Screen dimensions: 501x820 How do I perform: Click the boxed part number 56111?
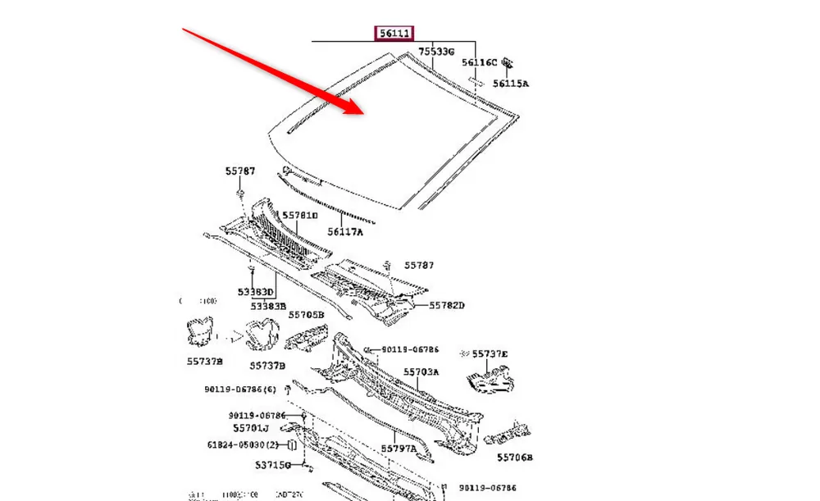pyautogui.click(x=394, y=34)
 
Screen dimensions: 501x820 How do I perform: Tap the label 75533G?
pyautogui.click(x=436, y=52)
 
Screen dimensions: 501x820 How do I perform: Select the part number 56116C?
pyautogui.click(x=479, y=62)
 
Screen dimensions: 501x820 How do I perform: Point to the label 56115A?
pyautogui.click(x=511, y=83)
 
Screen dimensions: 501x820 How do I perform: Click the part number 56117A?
pyautogui.click(x=345, y=232)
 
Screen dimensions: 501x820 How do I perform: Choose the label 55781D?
pyautogui.click(x=299, y=216)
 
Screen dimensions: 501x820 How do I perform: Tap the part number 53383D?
pyautogui.click(x=256, y=292)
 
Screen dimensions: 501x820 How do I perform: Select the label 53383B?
pyautogui.click(x=268, y=306)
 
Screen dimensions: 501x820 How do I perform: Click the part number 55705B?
pyautogui.click(x=307, y=315)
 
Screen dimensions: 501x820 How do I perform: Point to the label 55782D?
pyautogui.click(x=447, y=305)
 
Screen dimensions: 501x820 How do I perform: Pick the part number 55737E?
pyautogui.click(x=490, y=354)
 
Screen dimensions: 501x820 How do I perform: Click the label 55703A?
pyautogui.click(x=421, y=371)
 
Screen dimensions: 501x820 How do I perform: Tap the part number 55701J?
pyautogui.click(x=250, y=428)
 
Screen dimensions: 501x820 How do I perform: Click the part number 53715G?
pyautogui.click(x=272, y=465)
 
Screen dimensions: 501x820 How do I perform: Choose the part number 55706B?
pyautogui.click(x=514, y=458)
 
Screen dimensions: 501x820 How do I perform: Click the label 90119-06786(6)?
pyautogui.click(x=240, y=389)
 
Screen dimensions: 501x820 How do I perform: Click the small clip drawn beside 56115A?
pyautogui.click(x=508, y=62)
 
